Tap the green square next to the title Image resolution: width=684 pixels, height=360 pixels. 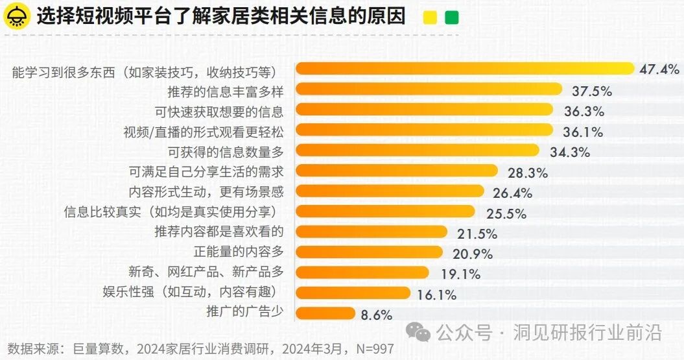(x=452, y=18)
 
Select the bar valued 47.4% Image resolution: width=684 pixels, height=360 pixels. (x=464, y=68)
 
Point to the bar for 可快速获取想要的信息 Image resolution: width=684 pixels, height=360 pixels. (x=424, y=110)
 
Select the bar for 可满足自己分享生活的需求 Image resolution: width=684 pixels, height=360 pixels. (x=396, y=171)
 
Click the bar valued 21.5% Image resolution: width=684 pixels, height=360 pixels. (x=371, y=232)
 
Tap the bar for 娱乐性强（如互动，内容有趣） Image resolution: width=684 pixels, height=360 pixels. (x=353, y=293)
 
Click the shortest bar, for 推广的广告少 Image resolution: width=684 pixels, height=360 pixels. (x=325, y=313)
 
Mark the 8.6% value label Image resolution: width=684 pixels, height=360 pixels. (x=377, y=315)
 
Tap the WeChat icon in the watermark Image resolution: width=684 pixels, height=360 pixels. (x=422, y=333)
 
